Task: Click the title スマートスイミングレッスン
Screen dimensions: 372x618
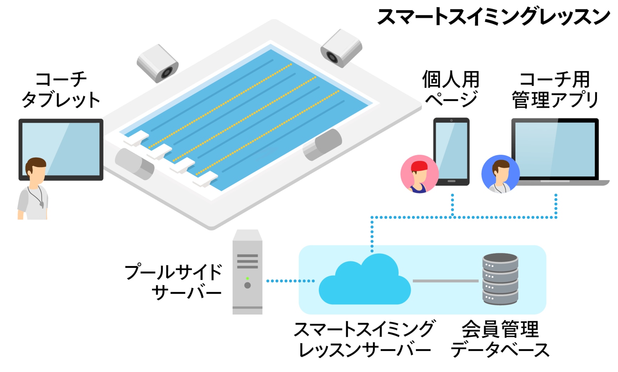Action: coord(493,17)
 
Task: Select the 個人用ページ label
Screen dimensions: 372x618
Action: coord(451,90)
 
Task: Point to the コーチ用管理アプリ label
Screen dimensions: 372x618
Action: coord(555,90)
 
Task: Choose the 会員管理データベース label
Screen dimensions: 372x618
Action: coord(500,339)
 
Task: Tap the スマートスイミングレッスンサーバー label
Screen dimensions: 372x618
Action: coord(364,339)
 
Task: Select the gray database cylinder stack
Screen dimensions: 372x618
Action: coord(500,279)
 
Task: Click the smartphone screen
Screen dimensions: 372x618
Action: coord(451,151)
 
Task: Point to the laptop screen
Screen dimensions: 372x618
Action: coord(555,149)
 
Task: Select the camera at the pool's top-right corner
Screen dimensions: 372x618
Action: coord(341,48)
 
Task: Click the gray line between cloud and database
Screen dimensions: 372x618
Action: coord(445,281)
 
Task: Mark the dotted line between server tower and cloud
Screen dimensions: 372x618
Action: coord(291,281)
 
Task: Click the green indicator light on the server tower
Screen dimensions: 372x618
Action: coord(248,279)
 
